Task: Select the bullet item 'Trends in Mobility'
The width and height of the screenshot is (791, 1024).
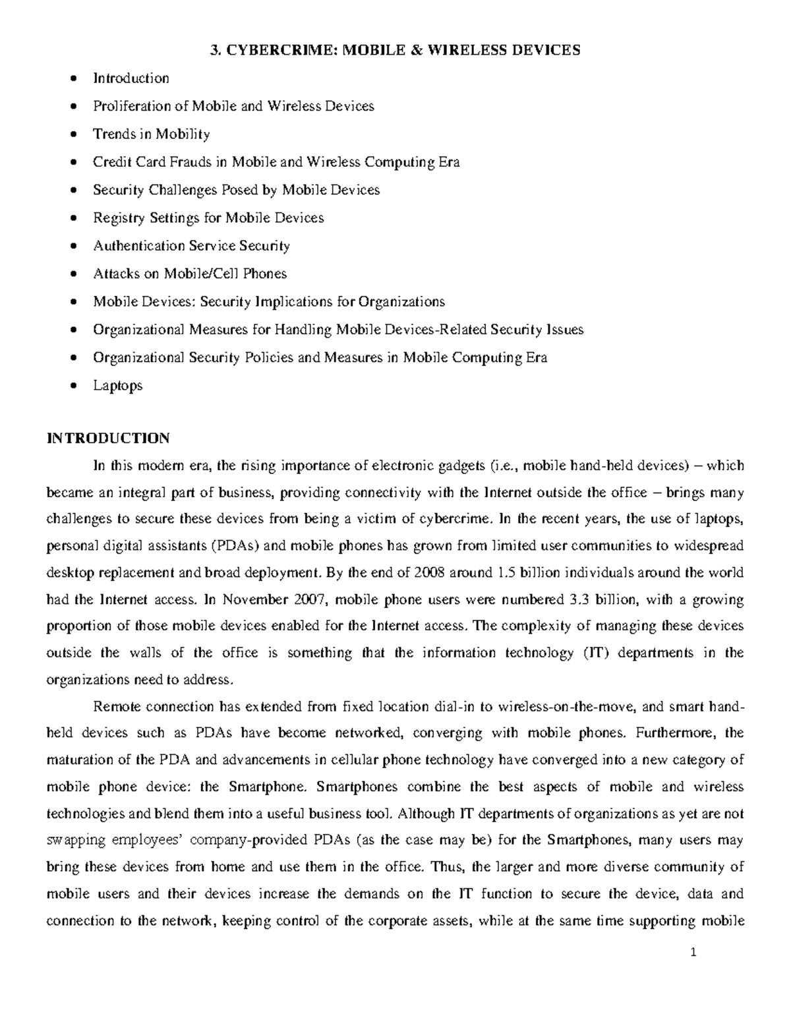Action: [x=151, y=135]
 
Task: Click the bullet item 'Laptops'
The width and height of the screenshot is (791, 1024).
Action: [x=117, y=386]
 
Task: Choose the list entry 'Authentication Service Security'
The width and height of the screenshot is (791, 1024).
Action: [x=191, y=246]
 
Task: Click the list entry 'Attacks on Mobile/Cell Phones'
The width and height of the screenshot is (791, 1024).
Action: [x=190, y=274]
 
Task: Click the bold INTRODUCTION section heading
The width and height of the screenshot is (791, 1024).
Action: [x=108, y=438]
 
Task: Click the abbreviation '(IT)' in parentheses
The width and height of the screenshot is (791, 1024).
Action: [x=594, y=653]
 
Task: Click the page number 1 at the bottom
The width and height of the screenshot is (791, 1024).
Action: [x=741, y=953]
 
